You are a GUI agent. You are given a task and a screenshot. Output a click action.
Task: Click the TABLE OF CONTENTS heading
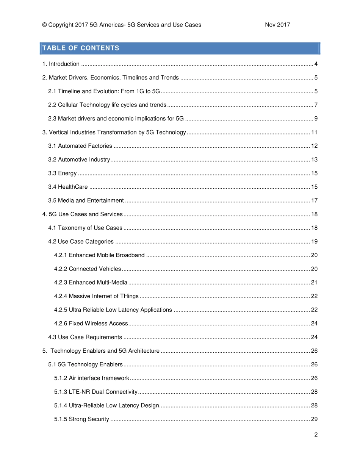(x=81, y=48)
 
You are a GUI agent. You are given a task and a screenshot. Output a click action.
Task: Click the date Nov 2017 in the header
(x=277, y=25)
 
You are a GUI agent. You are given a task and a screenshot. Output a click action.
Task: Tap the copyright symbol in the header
(x=44, y=25)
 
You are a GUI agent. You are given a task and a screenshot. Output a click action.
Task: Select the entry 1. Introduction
(x=61, y=64)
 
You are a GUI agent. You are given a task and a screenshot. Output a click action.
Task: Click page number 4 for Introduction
(x=316, y=64)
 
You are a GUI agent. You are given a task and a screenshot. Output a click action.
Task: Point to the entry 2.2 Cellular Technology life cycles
(x=107, y=105)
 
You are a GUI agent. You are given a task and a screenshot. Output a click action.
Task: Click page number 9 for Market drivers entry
(x=316, y=119)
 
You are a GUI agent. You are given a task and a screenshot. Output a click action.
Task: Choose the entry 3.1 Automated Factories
(x=80, y=146)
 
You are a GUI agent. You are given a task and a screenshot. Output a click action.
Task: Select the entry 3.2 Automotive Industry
(x=79, y=160)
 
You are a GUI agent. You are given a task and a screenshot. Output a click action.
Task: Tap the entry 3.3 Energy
(x=63, y=173)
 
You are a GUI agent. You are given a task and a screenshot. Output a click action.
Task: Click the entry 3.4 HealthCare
(x=68, y=187)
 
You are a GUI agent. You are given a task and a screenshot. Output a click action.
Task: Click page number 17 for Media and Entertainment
(x=314, y=200)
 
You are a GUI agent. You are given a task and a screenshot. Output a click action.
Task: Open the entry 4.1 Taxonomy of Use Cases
(x=85, y=228)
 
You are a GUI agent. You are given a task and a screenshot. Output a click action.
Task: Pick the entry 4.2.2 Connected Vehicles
(x=88, y=269)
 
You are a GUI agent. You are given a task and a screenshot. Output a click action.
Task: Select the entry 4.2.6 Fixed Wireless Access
(x=91, y=324)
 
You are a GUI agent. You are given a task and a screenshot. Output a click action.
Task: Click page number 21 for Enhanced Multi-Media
(x=314, y=283)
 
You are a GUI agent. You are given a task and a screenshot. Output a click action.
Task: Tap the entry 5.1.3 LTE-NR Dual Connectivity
(x=96, y=392)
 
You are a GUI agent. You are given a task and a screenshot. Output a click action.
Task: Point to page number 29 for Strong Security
(x=314, y=419)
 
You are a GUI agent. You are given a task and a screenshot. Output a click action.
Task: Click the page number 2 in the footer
(x=316, y=435)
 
